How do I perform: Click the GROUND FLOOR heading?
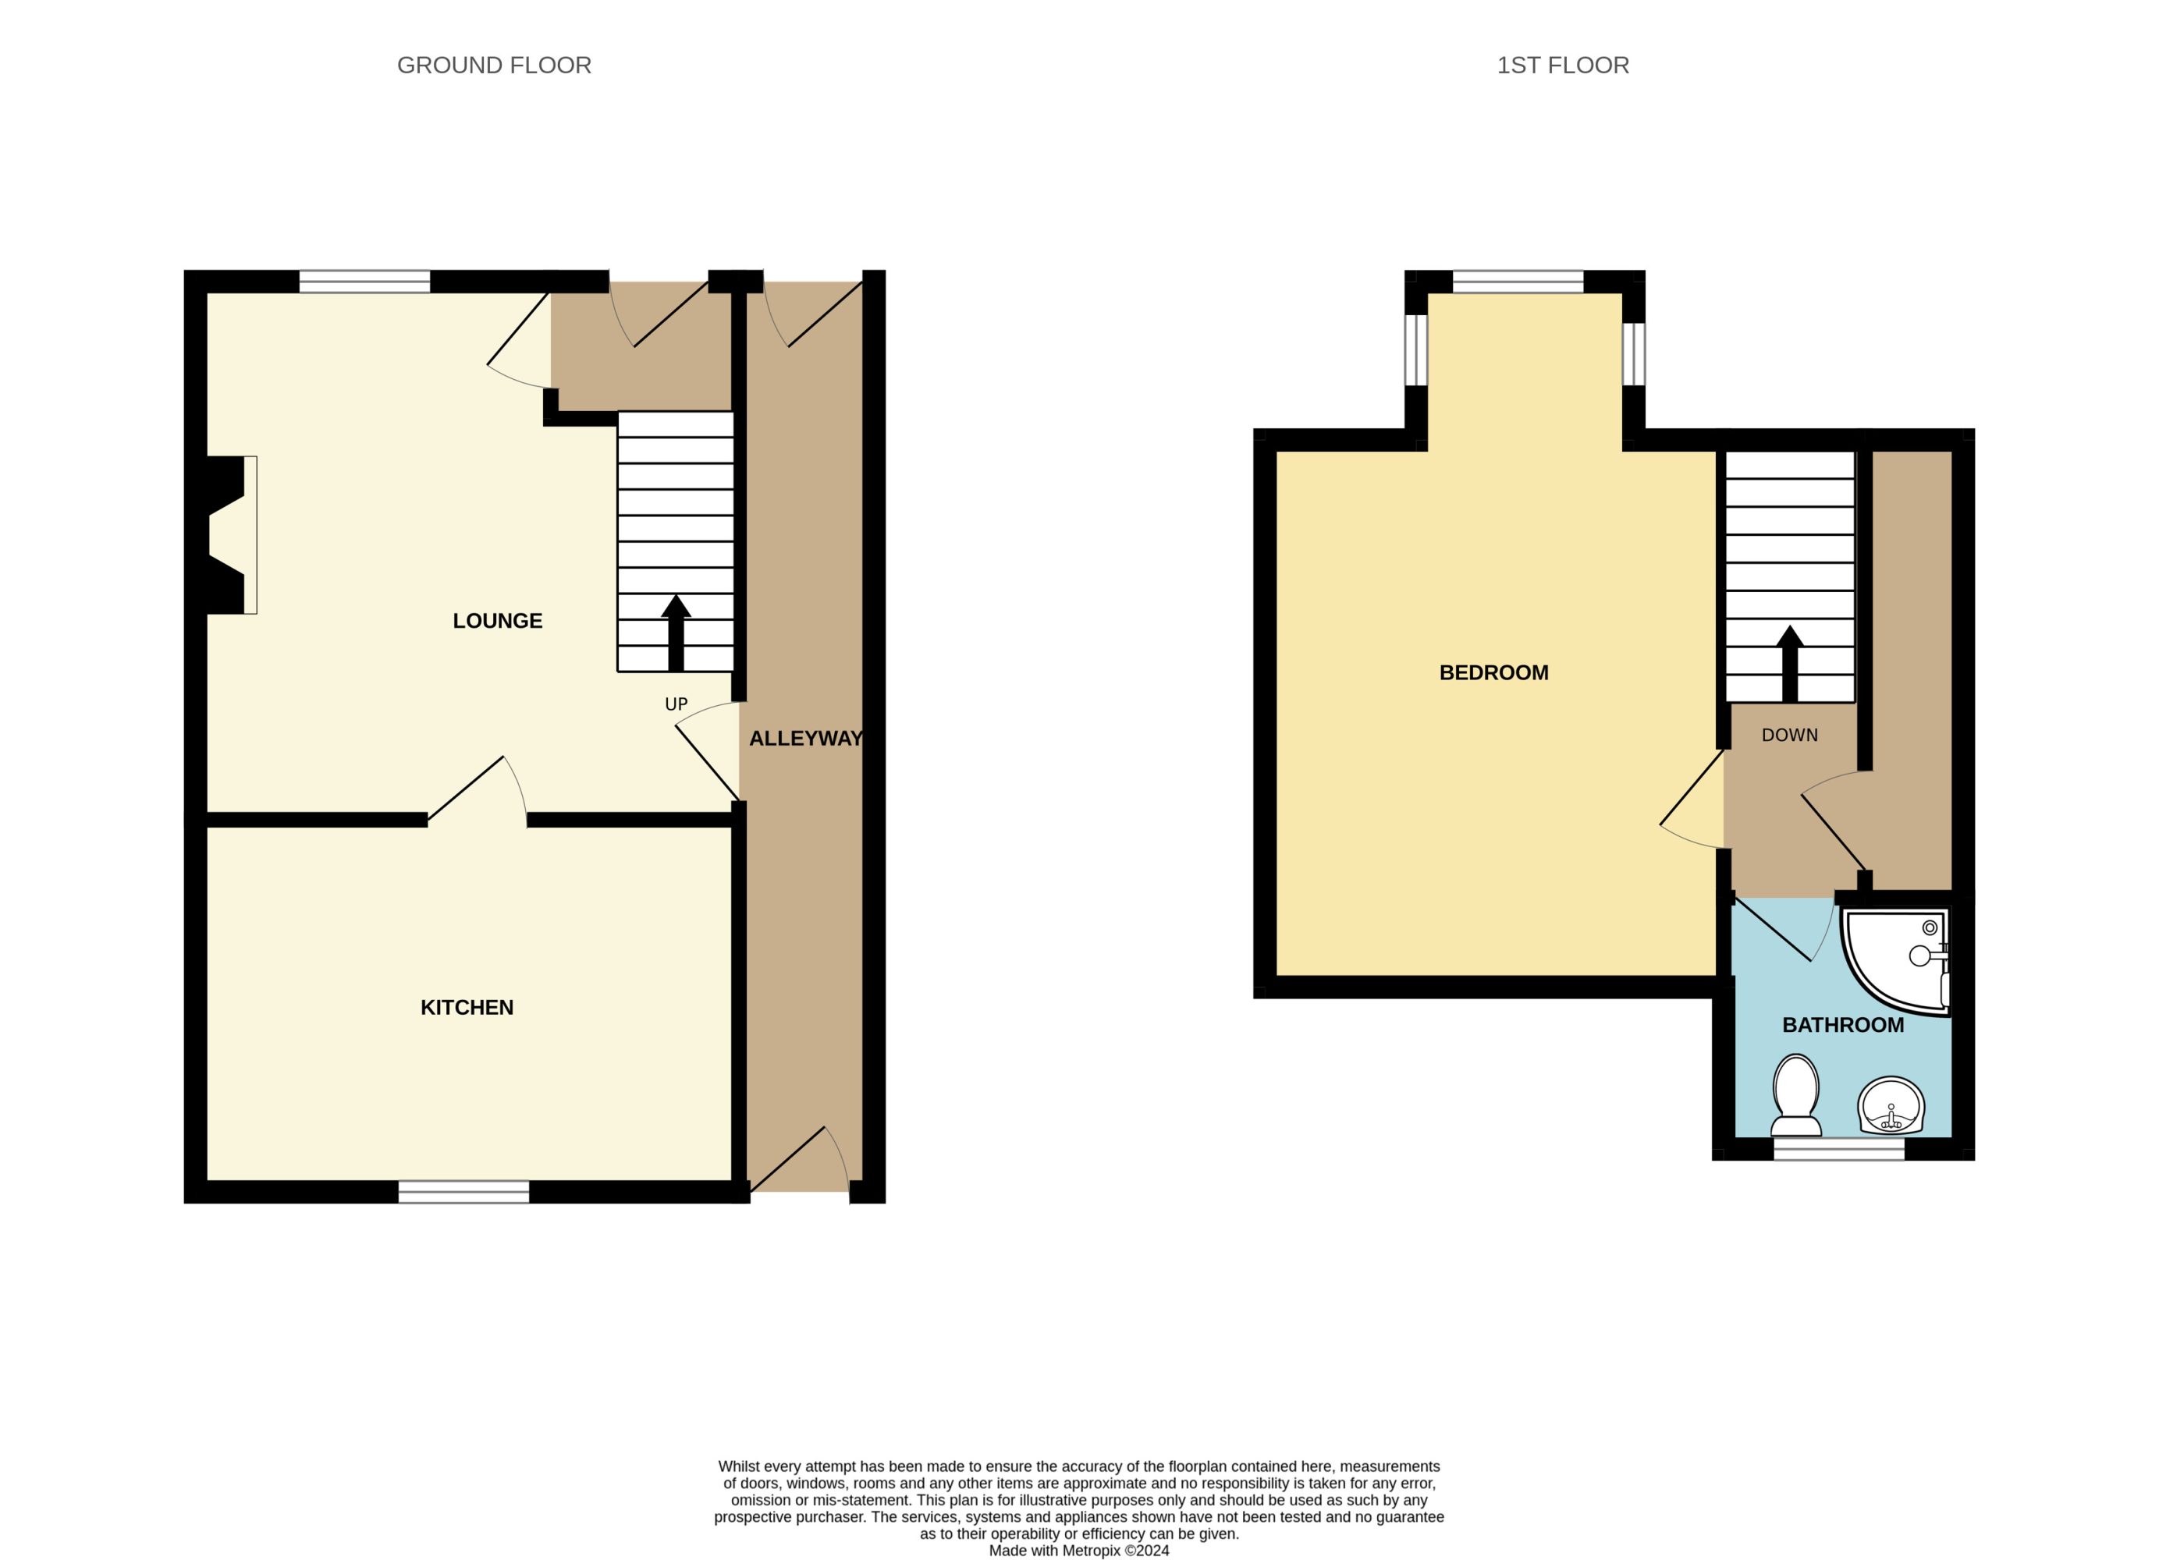point(494,65)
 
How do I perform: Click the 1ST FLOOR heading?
point(1563,65)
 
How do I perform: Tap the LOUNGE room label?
point(497,621)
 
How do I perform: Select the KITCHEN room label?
point(467,1007)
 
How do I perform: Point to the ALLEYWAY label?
point(805,738)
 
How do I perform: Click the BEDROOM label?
point(1493,672)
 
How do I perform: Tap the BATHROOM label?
point(1843,1024)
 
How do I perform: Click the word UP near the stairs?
point(676,704)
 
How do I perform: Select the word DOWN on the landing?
point(1790,735)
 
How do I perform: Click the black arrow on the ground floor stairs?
point(676,633)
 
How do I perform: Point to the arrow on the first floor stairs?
point(1790,664)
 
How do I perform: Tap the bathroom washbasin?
point(1891,1106)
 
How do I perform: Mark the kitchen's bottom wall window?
point(463,1192)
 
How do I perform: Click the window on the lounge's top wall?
point(364,282)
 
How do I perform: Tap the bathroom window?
point(1839,1149)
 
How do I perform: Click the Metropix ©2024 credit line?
point(1080,1551)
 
